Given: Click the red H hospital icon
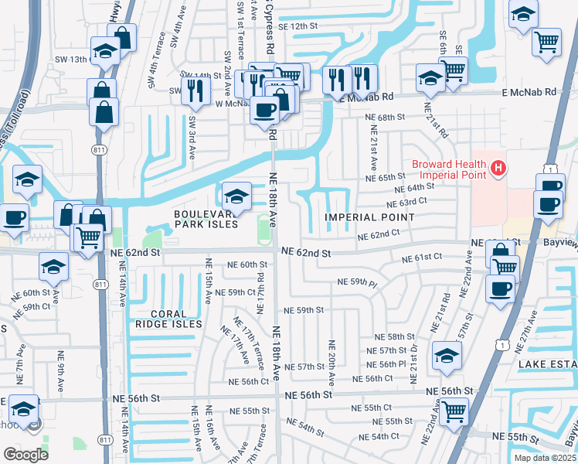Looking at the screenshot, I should coord(498,167).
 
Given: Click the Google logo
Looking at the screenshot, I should coord(25,454).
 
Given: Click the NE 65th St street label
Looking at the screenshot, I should coord(386,177).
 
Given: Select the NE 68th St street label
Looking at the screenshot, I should coord(385,117).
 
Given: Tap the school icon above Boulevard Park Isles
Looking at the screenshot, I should coord(236,196).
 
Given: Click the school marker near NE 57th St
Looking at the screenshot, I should coord(447,356).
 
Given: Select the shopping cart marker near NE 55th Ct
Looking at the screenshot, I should coord(454,410).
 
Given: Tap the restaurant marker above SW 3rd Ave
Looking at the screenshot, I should coord(195,90).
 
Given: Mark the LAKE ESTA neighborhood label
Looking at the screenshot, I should coord(546,364).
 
